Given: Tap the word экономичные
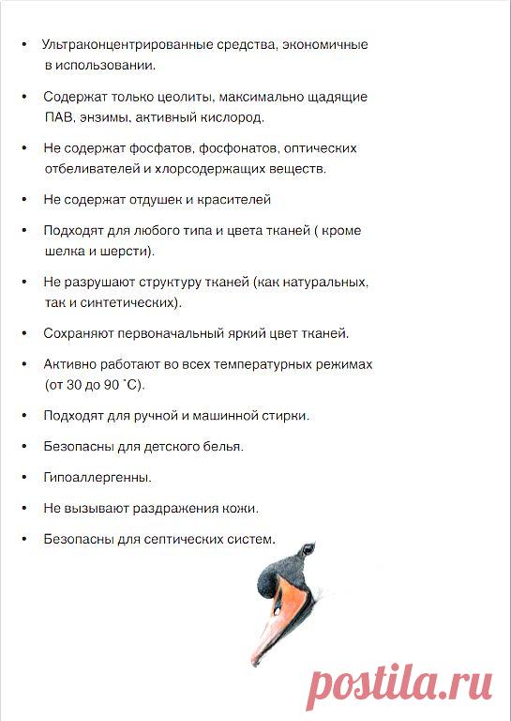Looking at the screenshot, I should (327, 45).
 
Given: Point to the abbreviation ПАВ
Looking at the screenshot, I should (59, 118).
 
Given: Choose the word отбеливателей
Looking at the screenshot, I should (91, 170).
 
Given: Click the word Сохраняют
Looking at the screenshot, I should (77, 333).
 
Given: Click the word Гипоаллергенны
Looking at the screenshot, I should (98, 478).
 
